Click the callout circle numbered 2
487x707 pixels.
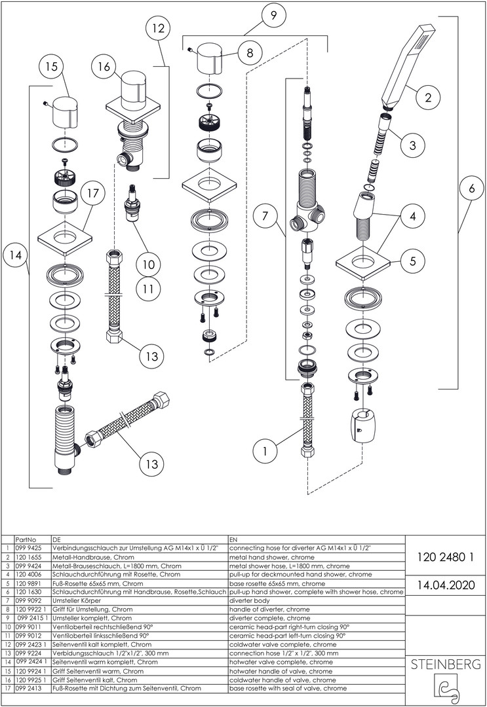pos(428,98)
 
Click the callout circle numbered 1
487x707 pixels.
pos(266,451)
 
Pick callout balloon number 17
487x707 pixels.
pos(93,193)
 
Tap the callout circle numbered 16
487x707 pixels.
pos(106,67)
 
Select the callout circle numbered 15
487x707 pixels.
pos(52,67)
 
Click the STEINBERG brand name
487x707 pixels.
pos(446,664)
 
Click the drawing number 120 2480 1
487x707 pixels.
pos(446,558)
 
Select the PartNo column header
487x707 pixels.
pos(26,540)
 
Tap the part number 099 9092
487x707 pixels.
pos(28,600)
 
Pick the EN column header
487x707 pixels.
pos(233,540)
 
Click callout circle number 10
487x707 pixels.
pos(149,264)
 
